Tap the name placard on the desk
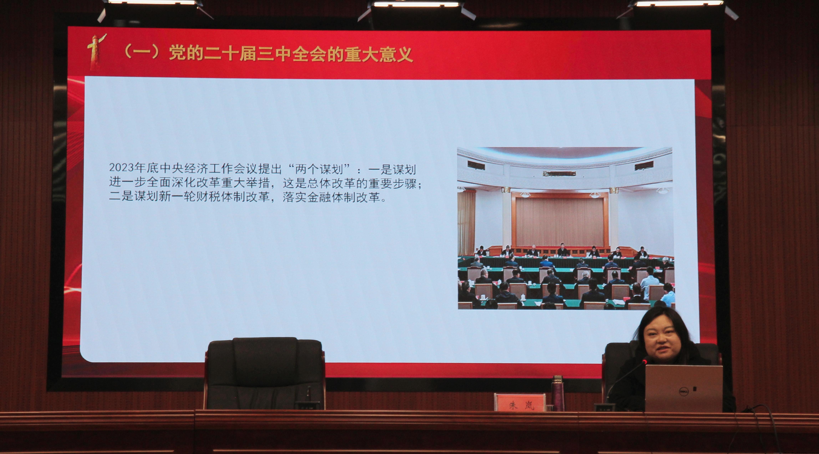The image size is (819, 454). tap(520, 402)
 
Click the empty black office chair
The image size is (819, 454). tap(264, 373)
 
